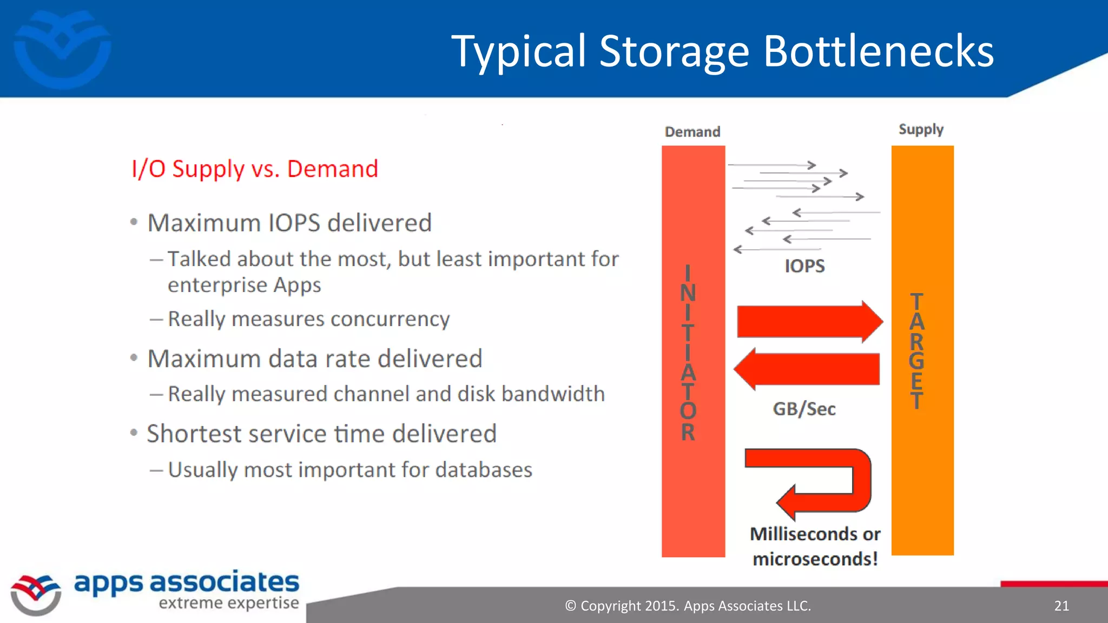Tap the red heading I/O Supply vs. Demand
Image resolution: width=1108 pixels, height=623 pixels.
(x=254, y=169)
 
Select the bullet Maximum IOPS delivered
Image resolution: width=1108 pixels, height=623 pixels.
(x=289, y=223)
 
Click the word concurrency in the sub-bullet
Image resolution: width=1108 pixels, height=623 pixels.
(x=390, y=319)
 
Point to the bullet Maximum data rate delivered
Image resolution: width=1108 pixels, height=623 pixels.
(x=314, y=359)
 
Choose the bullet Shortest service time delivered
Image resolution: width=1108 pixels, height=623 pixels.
(x=321, y=434)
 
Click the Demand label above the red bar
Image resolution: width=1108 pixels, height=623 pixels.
(x=692, y=132)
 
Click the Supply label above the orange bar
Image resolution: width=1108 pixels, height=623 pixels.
(x=921, y=130)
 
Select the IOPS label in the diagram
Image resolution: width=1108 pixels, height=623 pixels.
(x=804, y=266)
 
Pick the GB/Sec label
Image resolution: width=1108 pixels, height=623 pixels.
(x=804, y=409)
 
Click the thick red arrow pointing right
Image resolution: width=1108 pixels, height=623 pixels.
(x=809, y=321)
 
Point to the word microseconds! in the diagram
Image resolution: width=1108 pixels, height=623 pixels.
(x=815, y=559)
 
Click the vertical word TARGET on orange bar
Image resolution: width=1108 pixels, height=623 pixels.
(x=916, y=352)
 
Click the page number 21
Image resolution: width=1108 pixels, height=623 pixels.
(x=1061, y=606)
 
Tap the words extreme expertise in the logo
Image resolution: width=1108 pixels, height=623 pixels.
(x=228, y=603)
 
